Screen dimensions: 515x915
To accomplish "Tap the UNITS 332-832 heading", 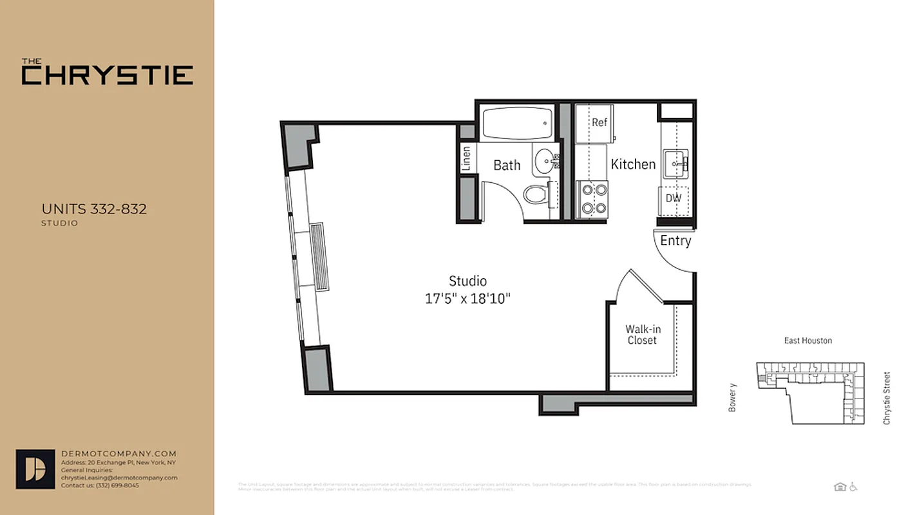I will pyautogui.click(x=94, y=209).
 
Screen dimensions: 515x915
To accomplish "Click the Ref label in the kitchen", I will pyautogui.click(x=599, y=122).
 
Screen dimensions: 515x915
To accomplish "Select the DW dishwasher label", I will pyautogui.click(x=674, y=198).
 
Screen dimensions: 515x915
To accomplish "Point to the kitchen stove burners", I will pyautogui.click(x=592, y=198).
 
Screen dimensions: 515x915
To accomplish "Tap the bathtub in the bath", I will pyautogui.click(x=517, y=123).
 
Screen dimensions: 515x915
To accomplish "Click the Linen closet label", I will pyautogui.click(x=466, y=158).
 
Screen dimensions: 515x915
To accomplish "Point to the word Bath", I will pyautogui.click(x=507, y=165).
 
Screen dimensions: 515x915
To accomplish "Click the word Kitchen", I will pyautogui.click(x=633, y=164).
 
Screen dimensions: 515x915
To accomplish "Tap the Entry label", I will pyautogui.click(x=675, y=241).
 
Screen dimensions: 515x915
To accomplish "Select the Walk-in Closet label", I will pyautogui.click(x=642, y=335).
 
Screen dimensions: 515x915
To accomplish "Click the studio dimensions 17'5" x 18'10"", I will pyautogui.click(x=467, y=299).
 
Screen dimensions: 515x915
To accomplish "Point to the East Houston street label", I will pyautogui.click(x=807, y=341).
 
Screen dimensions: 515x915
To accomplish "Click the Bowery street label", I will pyautogui.click(x=732, y=397).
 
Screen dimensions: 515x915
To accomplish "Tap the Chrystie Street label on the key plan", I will pyautogui.click(x=887, y=398).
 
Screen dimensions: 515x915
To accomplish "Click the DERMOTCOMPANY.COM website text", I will pyautogui.click(x=118, y=454).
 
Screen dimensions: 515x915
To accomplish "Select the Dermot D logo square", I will pyautogui.click(x=35, y=469).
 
